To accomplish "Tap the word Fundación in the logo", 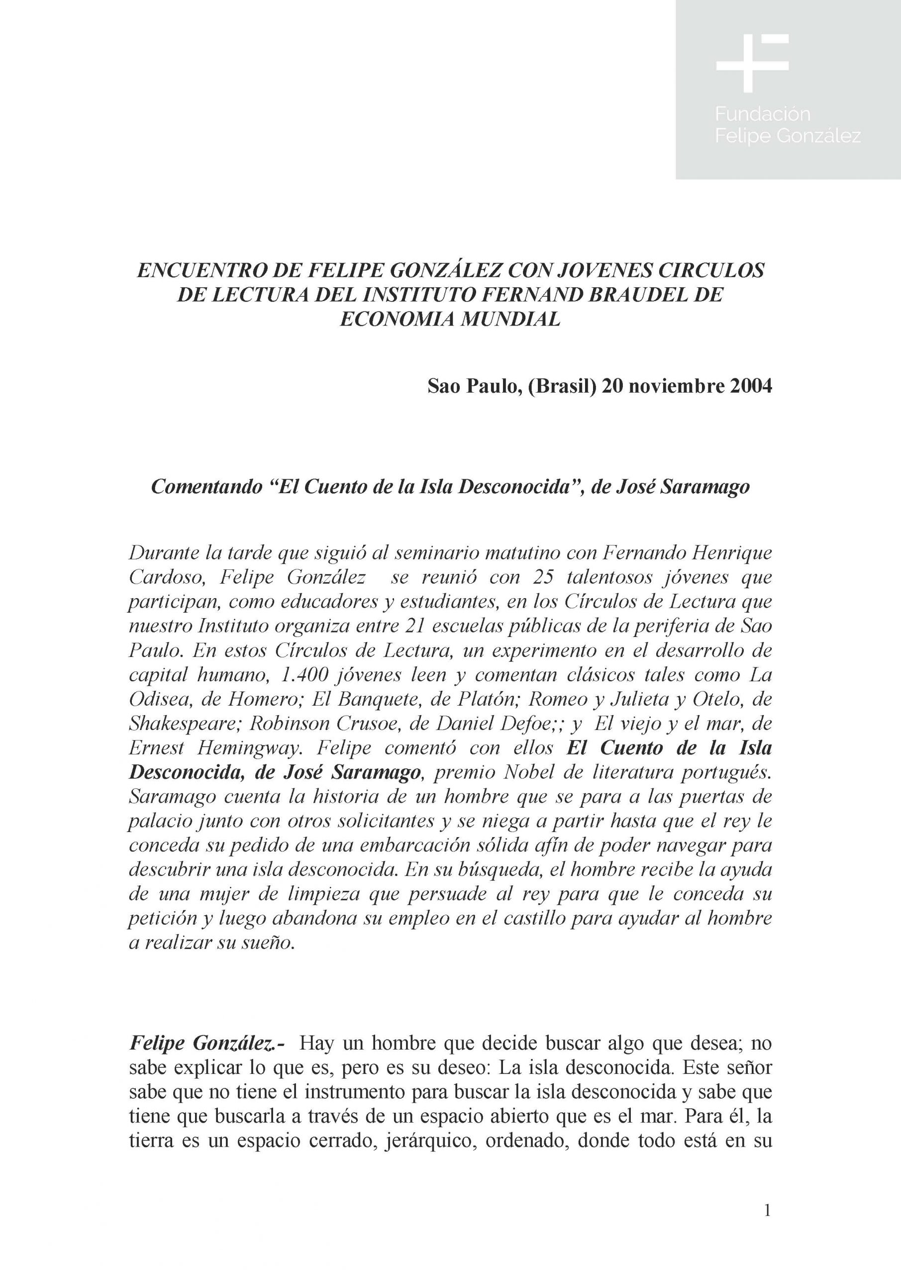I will click(x=762, y=114).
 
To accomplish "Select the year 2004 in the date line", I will click(x=747, y=386).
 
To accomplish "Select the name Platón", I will click(x=489, y=699).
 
